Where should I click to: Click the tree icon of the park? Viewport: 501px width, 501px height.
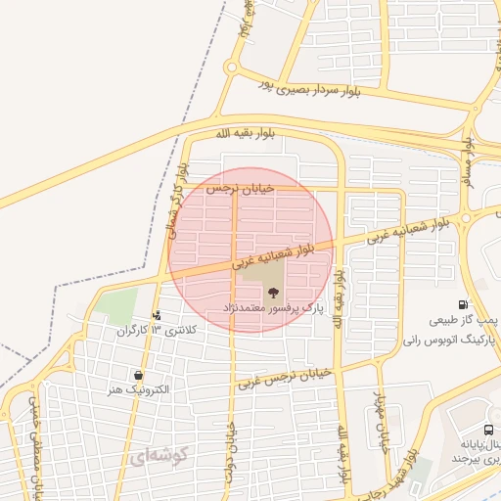(x=273, y=292)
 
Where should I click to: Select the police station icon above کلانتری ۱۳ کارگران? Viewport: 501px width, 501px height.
(x=157, y=315)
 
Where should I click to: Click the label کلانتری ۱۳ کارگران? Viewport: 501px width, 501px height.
(x=157, y=330)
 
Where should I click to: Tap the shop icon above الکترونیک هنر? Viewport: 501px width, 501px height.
(x=138, y=375)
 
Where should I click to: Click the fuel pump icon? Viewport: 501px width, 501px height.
(x=462, y=305)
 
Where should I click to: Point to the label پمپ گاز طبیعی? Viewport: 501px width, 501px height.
(x=463, y=320)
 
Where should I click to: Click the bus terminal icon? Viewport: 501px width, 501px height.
(x=487, y=431)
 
